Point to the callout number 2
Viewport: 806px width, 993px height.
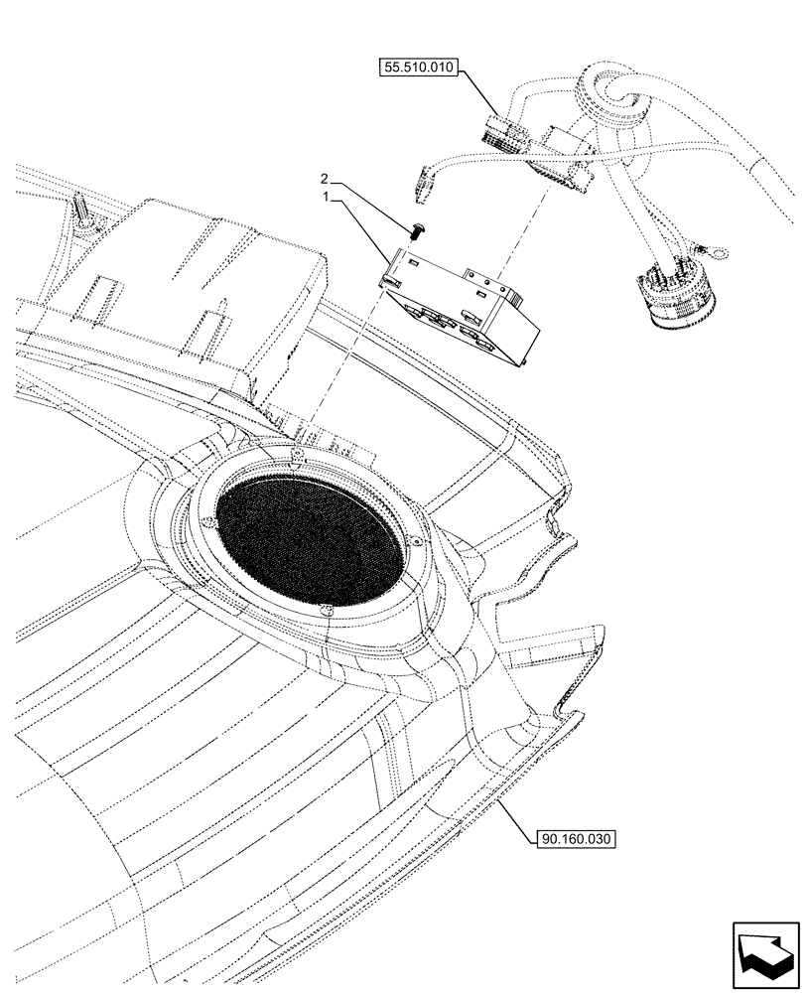(x=324, y=180)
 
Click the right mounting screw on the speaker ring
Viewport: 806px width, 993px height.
(x=417, y=541)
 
